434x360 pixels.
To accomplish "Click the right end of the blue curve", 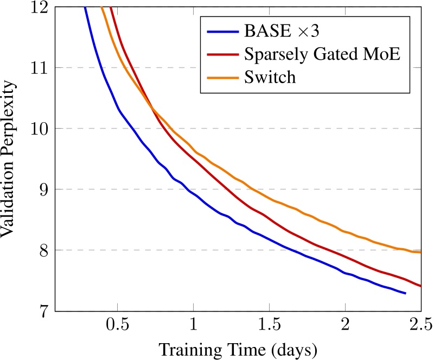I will point(405,293).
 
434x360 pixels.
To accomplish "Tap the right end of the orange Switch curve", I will point(420,252).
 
